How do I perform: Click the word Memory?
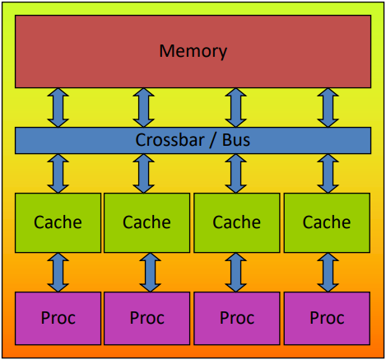(193, 51)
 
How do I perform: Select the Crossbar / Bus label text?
(193, 140)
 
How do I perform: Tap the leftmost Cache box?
(58, 222)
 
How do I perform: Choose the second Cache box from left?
(146, 222)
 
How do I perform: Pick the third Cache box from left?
(237, 222)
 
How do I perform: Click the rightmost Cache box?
(327, 222)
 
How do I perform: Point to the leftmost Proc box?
(58, 318)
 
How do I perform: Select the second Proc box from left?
(146, 318)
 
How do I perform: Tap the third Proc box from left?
(237, 318)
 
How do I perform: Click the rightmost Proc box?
(327, 318)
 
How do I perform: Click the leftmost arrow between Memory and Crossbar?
(58, 108)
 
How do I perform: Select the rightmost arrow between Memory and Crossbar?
(328, 108)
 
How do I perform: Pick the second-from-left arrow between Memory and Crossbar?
(143, 108)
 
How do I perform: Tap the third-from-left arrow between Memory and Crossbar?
(235, 108)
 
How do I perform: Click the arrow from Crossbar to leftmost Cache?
(58, 174)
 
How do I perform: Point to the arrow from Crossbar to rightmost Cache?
(328, 174)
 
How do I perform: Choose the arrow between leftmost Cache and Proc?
(58, 273)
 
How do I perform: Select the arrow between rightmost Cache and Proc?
(328, 273)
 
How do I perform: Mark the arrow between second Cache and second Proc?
(150, 273)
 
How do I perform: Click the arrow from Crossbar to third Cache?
(235, 174)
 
